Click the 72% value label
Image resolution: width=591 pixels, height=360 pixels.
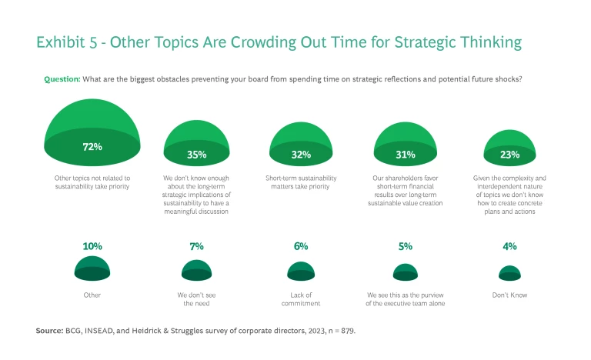pyautogui.click(x=92, y=145)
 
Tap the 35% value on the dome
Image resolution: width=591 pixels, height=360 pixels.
pyautogui.click(x=196, y=154)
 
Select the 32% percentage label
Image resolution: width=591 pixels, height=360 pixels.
pyautogui.click(x=301, y=154)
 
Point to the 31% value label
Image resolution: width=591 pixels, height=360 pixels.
pyautogui.click(x=406, y=154)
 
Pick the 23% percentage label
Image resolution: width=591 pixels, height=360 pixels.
pyautogui.click(x=509, y=154)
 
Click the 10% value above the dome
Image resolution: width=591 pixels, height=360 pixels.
pyautogui.click(x=92, y=246)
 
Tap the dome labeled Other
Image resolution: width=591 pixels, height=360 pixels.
pyautogui.click(x=92, y=268)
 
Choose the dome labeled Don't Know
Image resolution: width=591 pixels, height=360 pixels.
pyautogui.click(x=509, y=273)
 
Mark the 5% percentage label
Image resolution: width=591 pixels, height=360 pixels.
pyautogui.click(x=406, y=246)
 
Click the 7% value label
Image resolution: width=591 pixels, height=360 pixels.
pyautogui.click(x=196, y=246)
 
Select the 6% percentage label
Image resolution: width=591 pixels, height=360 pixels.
pyautogui.click(x=301, y=246)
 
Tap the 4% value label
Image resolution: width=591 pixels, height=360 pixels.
pyautogui.click(x=509, y=246)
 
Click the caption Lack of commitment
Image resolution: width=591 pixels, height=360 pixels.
pyautogui.click(x=301, y=298)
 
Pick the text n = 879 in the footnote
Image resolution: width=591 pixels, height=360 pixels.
pyautogui.click(x=338, y=330)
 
